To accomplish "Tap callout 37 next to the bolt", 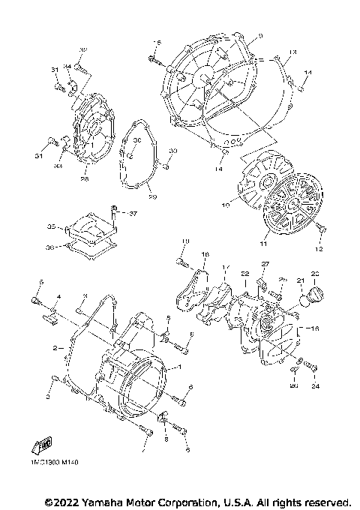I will click(x=133, y=214).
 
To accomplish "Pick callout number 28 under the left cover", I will click(x=85, y=178).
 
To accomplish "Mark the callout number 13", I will click(x=293, y=52).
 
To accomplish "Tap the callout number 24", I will click(x=316, y=387).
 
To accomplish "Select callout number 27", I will click(x=264, y=265).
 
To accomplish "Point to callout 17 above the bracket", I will click(x=226, y=267).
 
